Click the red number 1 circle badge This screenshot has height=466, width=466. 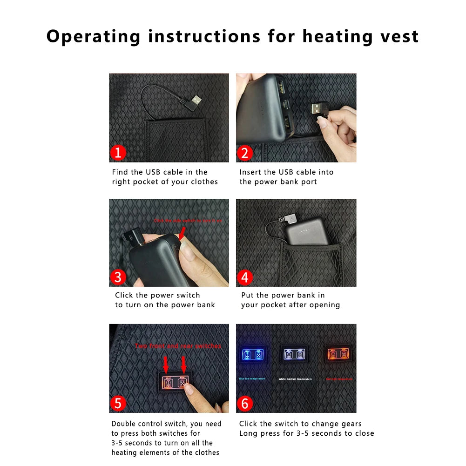click(118, 153)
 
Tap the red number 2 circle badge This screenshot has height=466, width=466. click(245, 153)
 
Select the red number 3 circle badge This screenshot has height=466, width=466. click(118, 277)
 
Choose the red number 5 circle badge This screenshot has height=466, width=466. click(118, 403)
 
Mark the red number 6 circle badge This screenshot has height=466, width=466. click(245, 403)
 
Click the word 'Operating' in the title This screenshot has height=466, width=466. click(93, 36)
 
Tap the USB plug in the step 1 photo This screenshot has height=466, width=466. click(196, 101)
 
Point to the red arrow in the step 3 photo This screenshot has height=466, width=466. click(182, 233)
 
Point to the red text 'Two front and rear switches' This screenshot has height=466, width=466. click(178, 346)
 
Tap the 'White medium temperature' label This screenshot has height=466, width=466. click(295, 379)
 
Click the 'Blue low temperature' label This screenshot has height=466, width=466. click(252, 378)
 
